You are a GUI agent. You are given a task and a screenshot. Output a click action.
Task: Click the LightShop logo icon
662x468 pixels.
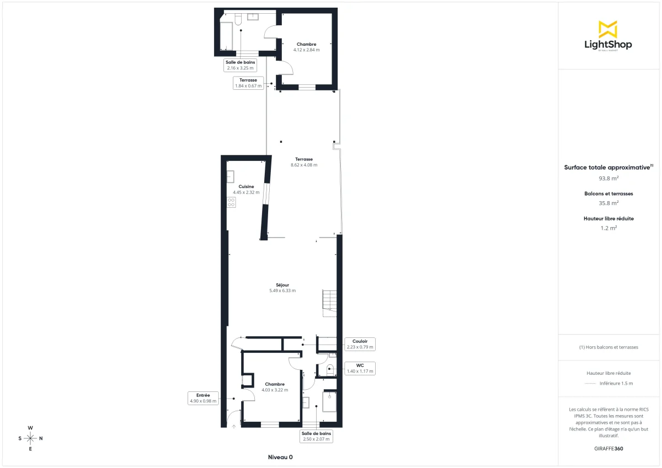[608, 29]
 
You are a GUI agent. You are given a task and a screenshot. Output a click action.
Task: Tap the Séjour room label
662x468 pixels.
[282, 285]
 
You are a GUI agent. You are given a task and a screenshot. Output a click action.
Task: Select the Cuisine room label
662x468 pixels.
[246, 186]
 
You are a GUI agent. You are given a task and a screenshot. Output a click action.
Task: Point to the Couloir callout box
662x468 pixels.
[360, 344]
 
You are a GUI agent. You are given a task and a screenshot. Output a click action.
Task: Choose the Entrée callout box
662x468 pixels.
[203, 398]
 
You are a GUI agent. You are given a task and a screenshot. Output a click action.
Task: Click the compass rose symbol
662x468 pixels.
[30, 438]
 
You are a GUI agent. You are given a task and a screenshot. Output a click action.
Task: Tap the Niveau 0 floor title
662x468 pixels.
[280, 457]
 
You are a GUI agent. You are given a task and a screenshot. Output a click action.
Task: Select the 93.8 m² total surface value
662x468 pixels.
[608, 178]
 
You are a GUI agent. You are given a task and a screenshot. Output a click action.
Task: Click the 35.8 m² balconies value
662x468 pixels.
[608, 202]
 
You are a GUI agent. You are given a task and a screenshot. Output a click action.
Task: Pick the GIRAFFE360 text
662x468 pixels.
[608, 448]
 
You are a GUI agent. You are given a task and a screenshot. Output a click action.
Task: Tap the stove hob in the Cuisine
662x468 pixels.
[231, 202]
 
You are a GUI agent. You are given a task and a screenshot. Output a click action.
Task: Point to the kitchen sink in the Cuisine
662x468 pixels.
[231, 176]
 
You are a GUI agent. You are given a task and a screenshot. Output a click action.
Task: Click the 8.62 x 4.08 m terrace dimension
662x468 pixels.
[304, 165]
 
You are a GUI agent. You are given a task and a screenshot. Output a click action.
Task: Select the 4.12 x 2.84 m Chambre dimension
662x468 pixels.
[306, 50]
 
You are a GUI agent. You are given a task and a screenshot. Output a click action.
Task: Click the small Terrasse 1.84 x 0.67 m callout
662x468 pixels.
[248, 83]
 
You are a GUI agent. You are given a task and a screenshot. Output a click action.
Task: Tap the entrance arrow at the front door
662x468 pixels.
[234, 426]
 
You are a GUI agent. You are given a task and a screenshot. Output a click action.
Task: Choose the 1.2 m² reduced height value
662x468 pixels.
[608, 227]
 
